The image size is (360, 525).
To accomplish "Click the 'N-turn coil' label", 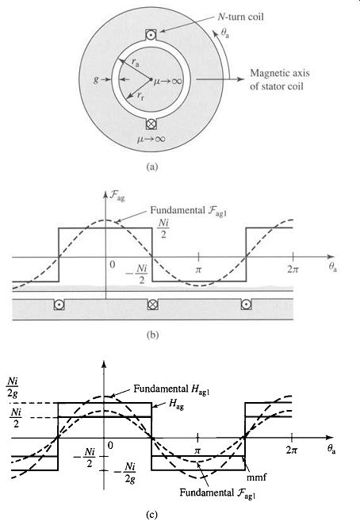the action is pos(241,17).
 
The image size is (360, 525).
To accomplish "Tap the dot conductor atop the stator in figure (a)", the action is pos(151,35).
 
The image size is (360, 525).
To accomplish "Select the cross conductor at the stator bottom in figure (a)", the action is pos(151,124).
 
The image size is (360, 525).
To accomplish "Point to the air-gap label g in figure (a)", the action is pos(96,80).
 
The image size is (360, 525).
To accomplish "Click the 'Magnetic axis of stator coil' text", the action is pos(280,79).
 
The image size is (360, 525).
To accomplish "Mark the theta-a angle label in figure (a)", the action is pos(225,33).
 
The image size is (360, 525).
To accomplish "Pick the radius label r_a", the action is pos(136,62).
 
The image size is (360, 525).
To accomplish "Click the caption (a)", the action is pos(152,167).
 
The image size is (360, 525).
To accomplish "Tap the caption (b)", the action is pos(152,335).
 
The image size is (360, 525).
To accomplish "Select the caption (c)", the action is pos(151,515).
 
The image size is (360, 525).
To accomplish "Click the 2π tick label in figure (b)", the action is pos(293,269).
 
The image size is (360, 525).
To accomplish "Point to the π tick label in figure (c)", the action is pos(197,450).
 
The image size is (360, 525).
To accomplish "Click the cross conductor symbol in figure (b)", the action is pos(153,305).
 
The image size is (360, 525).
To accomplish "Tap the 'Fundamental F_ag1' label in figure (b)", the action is pos(189,211).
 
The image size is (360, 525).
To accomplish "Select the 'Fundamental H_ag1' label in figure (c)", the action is pos(171,389).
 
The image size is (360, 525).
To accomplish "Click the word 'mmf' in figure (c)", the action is pos(257,477).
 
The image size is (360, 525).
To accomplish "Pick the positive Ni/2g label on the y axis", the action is pos(13,387).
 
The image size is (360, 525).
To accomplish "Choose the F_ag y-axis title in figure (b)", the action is pos(117,196).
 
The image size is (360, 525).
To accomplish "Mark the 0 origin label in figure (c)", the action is pos(110,446).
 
